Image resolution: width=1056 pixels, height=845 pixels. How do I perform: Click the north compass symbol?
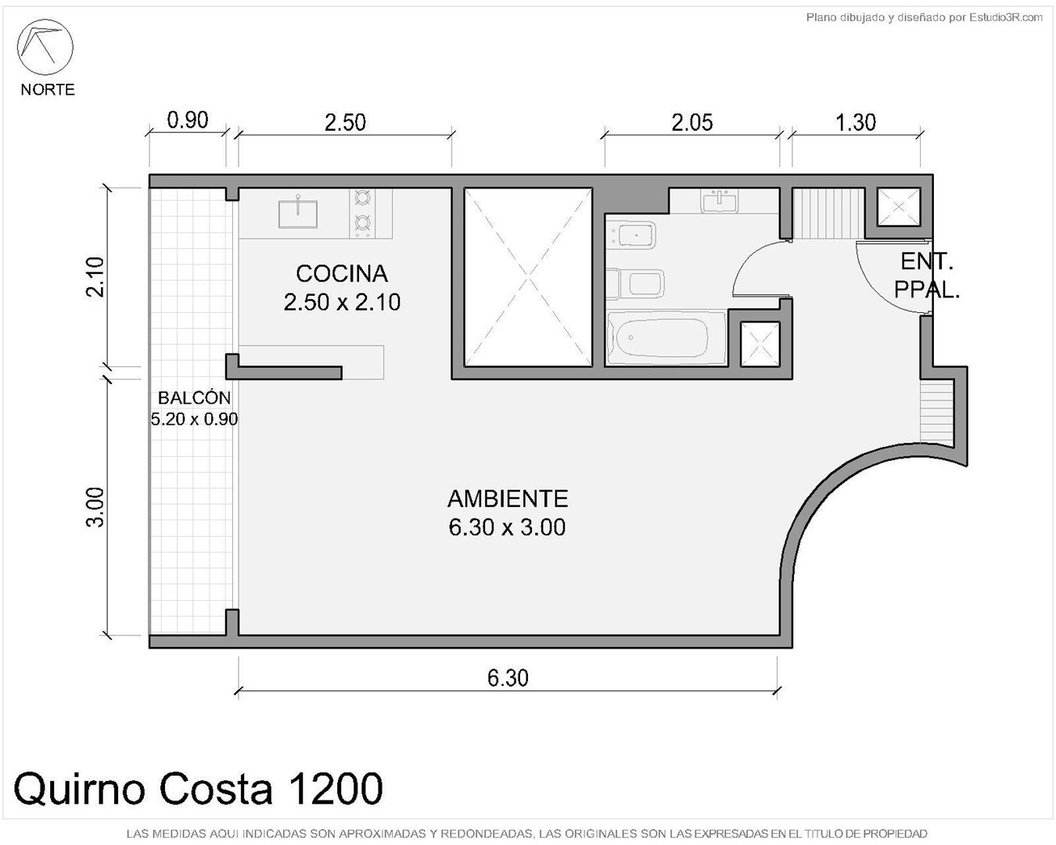coord(45,47)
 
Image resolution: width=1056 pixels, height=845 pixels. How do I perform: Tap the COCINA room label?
coord(342,274)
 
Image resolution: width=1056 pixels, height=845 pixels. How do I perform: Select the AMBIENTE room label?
coord(508,499)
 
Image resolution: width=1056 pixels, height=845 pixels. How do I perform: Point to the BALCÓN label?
coord(194,397)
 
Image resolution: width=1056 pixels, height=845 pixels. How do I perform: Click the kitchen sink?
coord(298,214)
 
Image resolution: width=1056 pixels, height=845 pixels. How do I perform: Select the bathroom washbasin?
coord(720,202)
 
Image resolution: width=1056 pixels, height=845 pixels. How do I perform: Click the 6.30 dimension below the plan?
coord(508,678)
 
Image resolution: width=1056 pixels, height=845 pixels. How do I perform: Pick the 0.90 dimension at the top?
coord(188,120)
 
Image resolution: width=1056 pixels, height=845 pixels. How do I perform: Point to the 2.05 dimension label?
coord(692,123)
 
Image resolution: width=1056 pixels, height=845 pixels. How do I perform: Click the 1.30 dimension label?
coord(855,123)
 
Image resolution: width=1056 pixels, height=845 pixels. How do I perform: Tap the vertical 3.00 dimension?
coord(95,507)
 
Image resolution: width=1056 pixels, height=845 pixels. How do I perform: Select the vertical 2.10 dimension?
coord(95,277)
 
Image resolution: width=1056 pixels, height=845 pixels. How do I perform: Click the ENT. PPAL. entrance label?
coord(927,276)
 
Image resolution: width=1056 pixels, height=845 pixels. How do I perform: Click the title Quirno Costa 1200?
coord(198,789)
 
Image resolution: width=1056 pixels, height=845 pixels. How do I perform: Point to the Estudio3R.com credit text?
coord(925,18)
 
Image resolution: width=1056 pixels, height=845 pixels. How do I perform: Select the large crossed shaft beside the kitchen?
coord(528,277)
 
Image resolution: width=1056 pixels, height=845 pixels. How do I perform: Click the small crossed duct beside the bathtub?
coord(760,343)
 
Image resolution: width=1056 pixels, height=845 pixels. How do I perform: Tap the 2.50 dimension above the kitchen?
coord(345,123)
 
